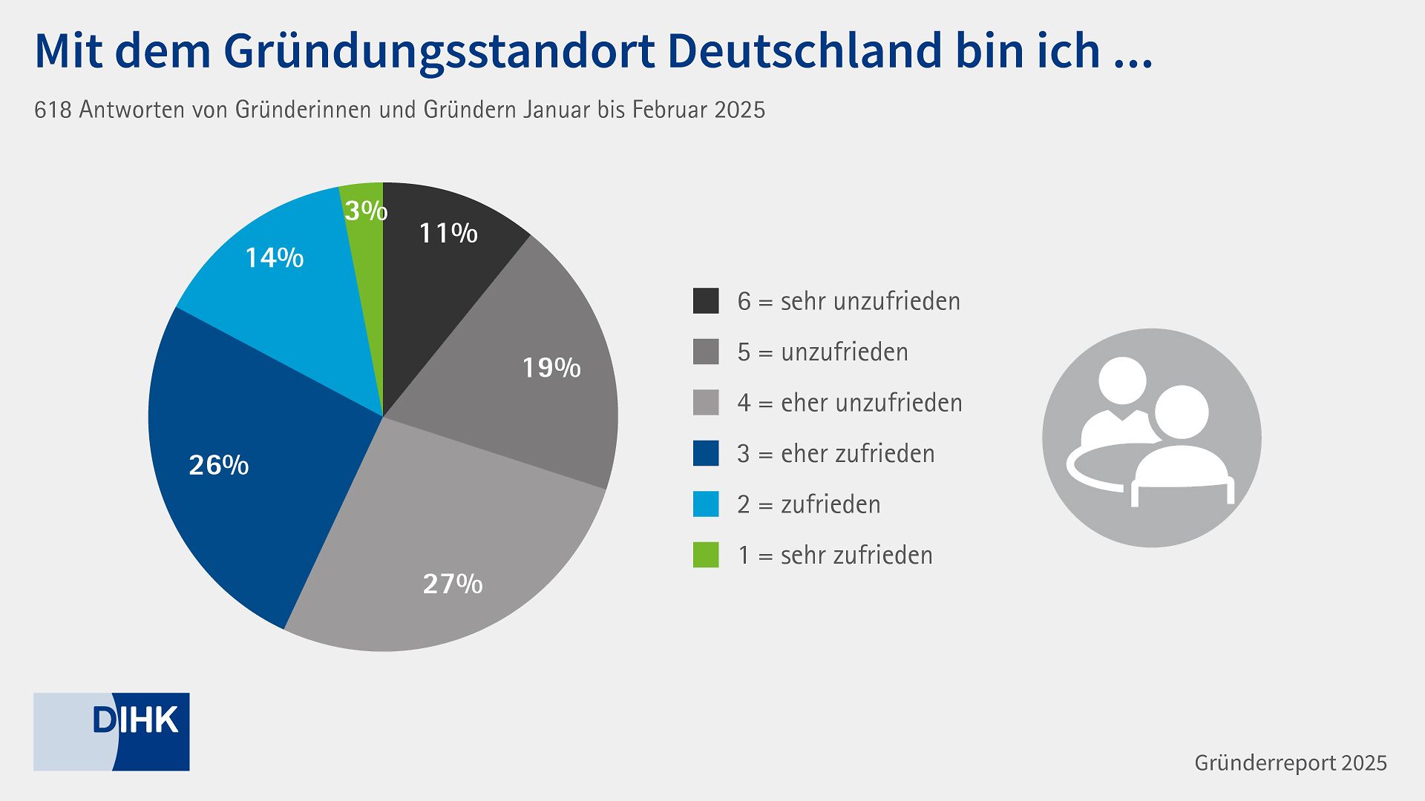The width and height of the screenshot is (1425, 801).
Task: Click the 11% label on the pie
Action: tap(448, 234)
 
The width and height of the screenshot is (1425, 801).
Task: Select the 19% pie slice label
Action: tap(551, 368)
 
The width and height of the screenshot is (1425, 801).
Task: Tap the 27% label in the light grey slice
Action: tap(453, 584)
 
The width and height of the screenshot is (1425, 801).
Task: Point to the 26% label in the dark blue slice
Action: tap(218, 465)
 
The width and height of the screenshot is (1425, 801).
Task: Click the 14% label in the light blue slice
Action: tap(274, 258)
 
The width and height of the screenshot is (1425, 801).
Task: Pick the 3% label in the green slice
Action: tap(366, 211)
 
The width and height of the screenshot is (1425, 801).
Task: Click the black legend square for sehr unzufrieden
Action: tap(706, 301)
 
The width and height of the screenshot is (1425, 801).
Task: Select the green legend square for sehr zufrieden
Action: tap(706, 555)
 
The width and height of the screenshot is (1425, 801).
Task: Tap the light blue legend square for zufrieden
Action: tap(706, 504)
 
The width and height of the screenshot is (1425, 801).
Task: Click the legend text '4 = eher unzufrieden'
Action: tap(849, 403)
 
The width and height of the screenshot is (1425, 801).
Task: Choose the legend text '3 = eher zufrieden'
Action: tap(836, 453)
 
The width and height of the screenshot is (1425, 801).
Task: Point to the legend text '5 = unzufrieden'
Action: tap(822, 352)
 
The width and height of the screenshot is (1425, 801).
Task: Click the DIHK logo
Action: tap(112, 731)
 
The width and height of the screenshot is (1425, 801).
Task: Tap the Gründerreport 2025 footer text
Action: tap(1290, 763)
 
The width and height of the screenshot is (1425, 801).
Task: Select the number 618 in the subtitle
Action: tap(53, 110)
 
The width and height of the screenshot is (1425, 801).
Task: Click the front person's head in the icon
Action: tap(1181, 412)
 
